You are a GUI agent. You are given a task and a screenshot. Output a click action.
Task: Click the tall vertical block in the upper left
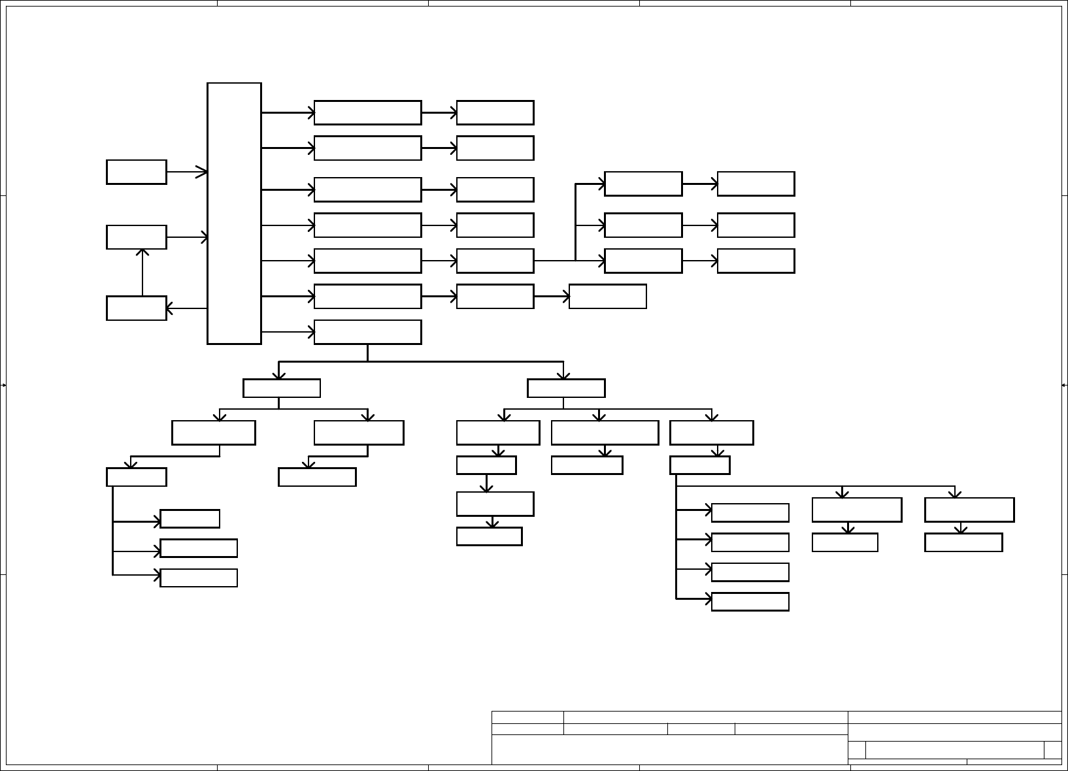[x=234, y=213]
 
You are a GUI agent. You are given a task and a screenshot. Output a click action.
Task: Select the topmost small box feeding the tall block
[x=137, y=172]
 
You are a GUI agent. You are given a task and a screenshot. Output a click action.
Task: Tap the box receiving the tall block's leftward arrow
[x=137, y=308]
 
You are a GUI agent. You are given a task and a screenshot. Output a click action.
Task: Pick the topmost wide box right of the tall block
[x=367, y=112]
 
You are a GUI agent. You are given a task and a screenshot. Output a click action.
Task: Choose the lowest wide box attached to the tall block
[x=367, y=332]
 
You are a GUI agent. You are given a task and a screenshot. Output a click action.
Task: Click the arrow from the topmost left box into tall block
[x=187, y=172]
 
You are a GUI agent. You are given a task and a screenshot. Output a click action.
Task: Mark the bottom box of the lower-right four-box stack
[x=750, y=602]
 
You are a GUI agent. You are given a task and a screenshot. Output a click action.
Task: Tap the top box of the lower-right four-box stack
[x=750, y=513]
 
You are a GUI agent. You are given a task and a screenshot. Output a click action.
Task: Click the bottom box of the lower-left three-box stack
[x=199, y=578]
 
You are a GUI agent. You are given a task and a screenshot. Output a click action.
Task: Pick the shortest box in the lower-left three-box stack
[x=190, y=519]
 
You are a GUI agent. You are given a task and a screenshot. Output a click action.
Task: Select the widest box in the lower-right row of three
[x=605, y=433]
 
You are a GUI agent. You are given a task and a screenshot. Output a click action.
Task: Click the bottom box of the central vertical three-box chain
[x=489, y=536]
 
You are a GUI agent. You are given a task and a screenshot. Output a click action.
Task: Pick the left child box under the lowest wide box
[x=282, y=388]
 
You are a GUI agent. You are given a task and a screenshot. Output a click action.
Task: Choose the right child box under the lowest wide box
[x=566, y=388]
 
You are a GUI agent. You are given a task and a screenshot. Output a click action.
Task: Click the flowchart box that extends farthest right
[x=969, y=510]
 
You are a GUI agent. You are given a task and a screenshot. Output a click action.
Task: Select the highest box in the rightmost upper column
[x=756, y=184]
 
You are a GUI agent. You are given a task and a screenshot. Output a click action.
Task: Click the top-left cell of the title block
[x=527, y=717]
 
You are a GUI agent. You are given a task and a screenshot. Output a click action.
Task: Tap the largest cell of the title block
[x=669, y=749]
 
